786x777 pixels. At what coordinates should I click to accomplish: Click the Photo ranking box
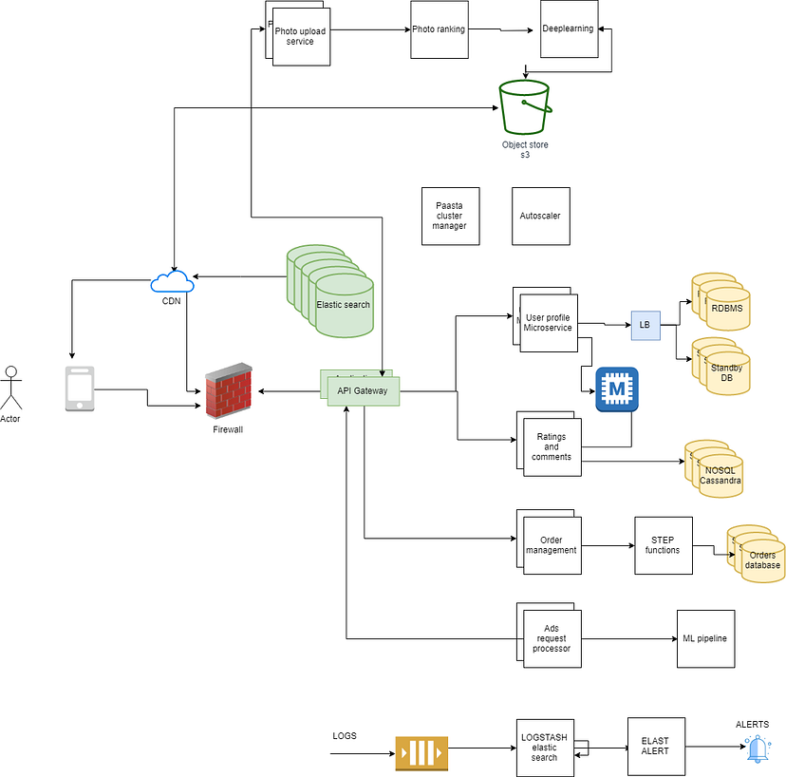439,29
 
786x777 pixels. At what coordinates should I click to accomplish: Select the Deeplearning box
568,28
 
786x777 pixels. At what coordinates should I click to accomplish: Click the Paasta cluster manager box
450,216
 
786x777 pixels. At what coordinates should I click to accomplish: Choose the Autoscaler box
540,216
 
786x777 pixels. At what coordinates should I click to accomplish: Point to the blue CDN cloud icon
172,282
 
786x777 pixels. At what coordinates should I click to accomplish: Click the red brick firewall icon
229,391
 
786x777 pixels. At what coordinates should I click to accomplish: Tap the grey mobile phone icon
80,388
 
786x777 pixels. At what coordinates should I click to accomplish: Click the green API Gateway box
364,390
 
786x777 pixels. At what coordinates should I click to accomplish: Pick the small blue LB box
645,326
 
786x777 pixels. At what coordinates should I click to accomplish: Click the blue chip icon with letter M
617,389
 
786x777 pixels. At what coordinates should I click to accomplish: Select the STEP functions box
663,545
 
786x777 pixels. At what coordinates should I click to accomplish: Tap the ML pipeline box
705,638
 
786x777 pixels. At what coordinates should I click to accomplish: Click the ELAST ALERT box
656,746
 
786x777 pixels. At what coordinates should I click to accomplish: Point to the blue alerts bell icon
757,749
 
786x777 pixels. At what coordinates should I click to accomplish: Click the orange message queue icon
421,753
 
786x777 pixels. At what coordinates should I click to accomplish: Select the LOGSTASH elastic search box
545,747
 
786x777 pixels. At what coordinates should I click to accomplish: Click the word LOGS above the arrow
345,736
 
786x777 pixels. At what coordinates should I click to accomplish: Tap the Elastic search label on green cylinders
344,305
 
